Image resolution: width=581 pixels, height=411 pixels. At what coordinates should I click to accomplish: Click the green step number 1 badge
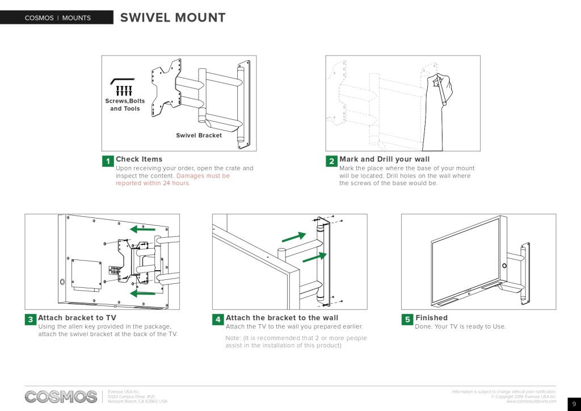click(x=108, y=161)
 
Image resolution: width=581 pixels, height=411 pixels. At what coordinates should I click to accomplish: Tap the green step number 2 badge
click(x=331, y=161)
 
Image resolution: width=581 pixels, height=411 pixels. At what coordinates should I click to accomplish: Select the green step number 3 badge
click(x=30, y=320)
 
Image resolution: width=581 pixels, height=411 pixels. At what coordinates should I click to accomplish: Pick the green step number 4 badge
click(x=218, y=320)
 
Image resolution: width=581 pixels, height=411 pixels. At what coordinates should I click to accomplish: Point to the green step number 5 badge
click(x=407, y=320)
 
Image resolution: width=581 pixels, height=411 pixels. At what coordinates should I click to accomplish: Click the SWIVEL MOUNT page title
click(x=172, y=18)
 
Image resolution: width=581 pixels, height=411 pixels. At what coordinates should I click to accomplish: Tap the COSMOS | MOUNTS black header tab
click(x=57, y=18)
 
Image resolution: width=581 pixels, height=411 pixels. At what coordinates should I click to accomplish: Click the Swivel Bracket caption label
click(x=199, y=135)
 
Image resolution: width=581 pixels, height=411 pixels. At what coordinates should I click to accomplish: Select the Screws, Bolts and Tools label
click(x=125, y=104)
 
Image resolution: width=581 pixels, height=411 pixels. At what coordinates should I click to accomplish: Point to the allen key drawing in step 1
click(x=122, y=80)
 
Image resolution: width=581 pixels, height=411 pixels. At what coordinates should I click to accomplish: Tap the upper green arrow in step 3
click(x=142, y=230)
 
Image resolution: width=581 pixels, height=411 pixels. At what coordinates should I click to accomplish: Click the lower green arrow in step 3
click(x=142, y=293)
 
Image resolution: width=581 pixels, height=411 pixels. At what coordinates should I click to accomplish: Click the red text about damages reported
click(x=173, y=179)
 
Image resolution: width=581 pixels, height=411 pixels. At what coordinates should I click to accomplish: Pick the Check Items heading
click(x=139, y=159)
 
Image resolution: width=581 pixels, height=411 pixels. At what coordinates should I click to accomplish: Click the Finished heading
click(x=431, y=318)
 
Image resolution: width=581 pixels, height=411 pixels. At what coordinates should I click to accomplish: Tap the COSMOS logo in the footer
click(x=61, y=396)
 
